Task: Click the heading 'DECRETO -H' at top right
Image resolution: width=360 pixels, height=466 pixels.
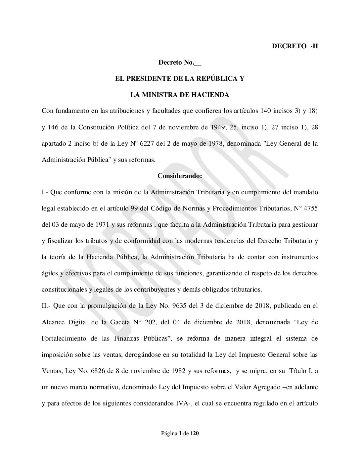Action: coord(294,46)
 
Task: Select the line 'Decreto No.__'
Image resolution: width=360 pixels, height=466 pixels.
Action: coord(180,63)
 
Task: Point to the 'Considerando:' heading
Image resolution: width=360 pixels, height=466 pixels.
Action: coord(180,176)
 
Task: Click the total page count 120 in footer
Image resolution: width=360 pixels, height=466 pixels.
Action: coord(195,434)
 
